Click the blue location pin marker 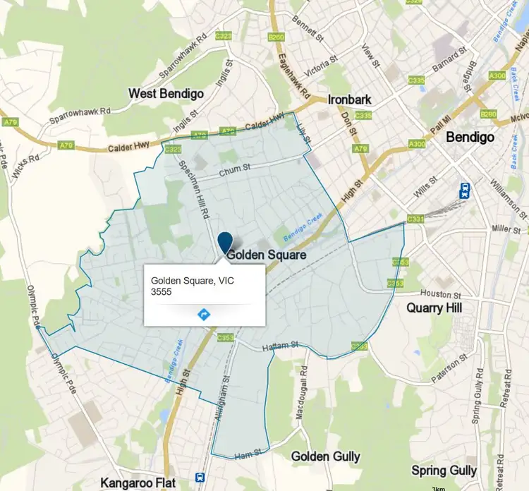click(x=225, y=242)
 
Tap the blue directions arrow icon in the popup click(x=204, y=314)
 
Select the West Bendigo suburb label click(x=166, y=94)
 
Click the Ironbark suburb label click(x=350, y=100)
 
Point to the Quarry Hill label click(x=434, y=308)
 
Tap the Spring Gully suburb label click(x=444, y=471)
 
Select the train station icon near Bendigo click(x=465, y=190)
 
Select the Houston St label click(x=440, y=293)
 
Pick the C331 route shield click(x=415, y=220)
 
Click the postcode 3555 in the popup click(x=162, y=291)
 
